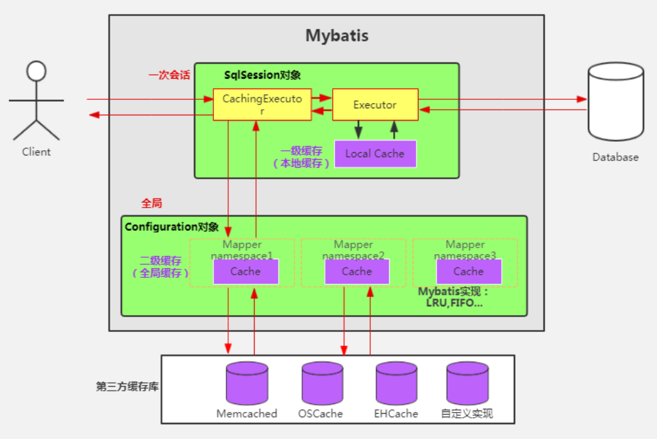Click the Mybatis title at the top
(x=337, y=35)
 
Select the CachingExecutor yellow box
(x=262, y=104)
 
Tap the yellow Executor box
(x=375, y=104)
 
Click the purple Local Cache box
(x=375, y=153)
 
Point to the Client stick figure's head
(x=37, y=71)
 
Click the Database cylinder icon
(x=616, y=102)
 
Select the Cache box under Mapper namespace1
(x=246, y=271)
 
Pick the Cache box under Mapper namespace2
(x=357, y=271)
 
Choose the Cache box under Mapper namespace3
(x=469, y=271)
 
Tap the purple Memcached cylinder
(x=247, y=384)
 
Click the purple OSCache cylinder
(x=322, y=384)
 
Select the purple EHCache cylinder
(x=397, y=384)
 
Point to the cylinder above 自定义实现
(x=467, y=384)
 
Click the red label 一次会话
(x=170, y=75)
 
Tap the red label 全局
(x=152, y=203)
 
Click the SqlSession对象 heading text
(x=262, y=75)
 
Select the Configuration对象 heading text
(x=172, y=227)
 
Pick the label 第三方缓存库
(x=128, y=386)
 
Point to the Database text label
(x=616, y=157)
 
